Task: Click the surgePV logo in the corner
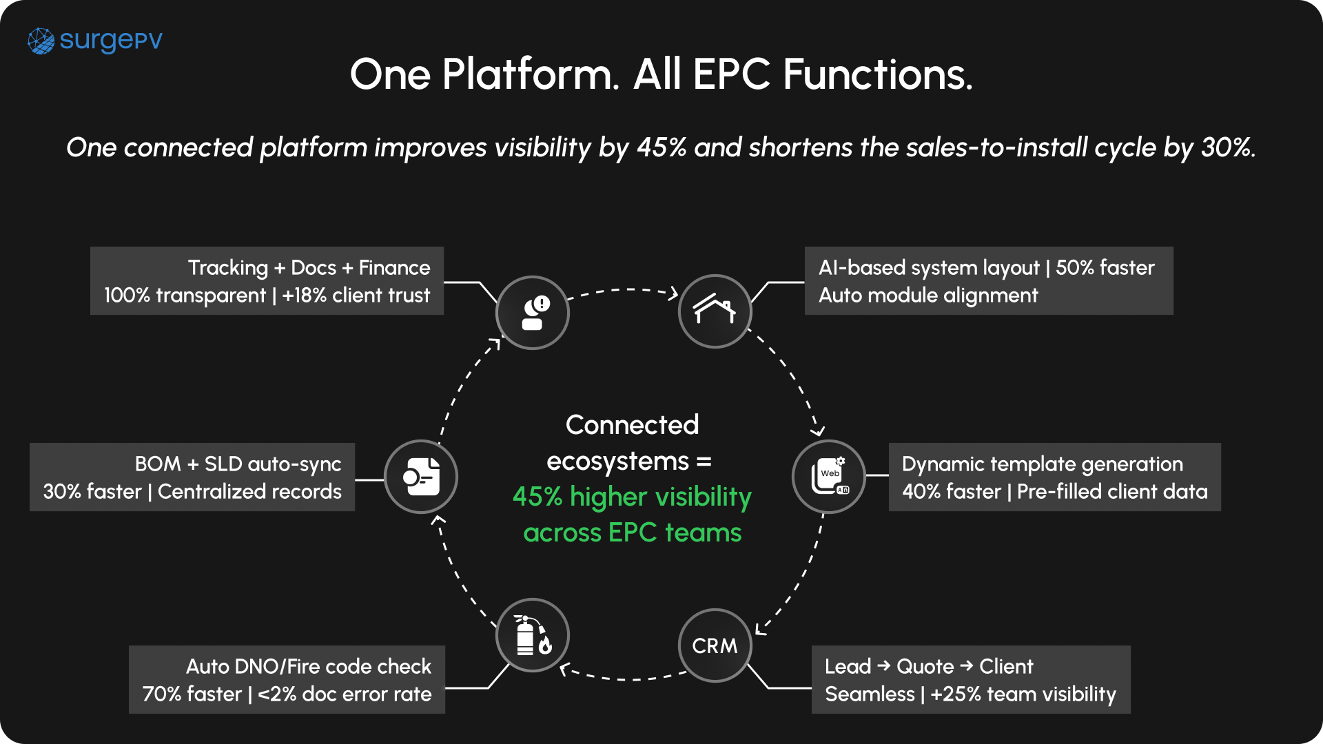95,41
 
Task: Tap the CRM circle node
715,645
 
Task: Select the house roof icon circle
715,311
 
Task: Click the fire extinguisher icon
533,635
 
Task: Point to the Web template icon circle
829,477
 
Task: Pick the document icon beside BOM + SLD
421,477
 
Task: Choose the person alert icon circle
533,313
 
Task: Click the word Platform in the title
531,74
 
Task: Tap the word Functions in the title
878,74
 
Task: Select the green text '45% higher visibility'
632,497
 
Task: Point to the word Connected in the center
632,425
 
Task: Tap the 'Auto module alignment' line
927,296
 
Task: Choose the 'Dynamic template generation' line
1042,464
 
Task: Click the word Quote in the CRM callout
925,667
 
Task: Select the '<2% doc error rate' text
345,694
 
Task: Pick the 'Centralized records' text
249,492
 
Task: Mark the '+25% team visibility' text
1023,694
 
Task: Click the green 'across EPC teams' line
632,533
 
